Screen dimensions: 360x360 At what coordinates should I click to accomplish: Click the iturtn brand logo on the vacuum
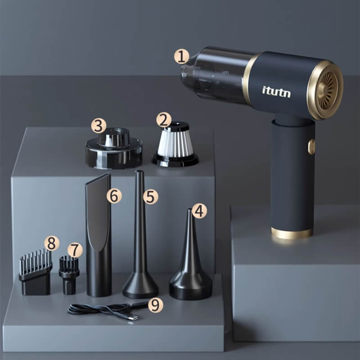pos(276,92)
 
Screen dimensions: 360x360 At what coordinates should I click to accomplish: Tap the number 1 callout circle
pos(182,57)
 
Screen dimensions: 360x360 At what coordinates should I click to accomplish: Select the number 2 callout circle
pos(164,120)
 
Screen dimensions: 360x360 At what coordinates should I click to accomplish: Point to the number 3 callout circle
pos(99,126)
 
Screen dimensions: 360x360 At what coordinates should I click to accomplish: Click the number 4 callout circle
pos(199,211)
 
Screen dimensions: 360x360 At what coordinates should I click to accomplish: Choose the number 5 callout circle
pos(151,197)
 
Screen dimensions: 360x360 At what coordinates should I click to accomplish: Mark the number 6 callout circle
pos(114,196)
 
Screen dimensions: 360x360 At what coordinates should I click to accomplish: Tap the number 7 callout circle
pos(75,250)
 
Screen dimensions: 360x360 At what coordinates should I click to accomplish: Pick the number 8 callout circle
pos(52,243)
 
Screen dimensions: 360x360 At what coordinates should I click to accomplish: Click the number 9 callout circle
pos(155,305)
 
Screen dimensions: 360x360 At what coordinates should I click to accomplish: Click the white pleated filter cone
pos(175,144)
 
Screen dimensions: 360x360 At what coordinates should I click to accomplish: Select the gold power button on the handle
pos(311,147)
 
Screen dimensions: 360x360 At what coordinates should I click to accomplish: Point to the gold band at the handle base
pos(292,233)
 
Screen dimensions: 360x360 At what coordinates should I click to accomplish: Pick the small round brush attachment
pos(69,275)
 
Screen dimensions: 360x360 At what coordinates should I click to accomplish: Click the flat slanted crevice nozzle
pos(99,234)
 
